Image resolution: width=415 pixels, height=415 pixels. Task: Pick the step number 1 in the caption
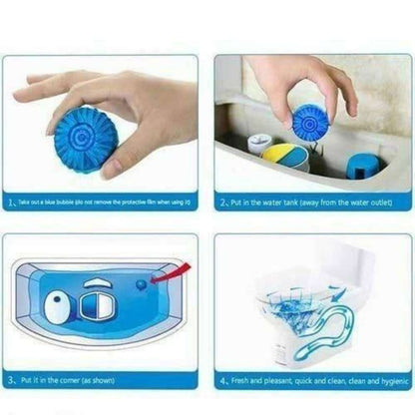coord(11,200)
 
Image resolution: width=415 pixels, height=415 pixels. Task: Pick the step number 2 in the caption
coord(223,200)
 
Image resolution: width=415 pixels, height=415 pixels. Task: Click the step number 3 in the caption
coord(11,380)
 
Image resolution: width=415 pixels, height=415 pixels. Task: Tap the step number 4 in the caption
coord(223,380)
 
